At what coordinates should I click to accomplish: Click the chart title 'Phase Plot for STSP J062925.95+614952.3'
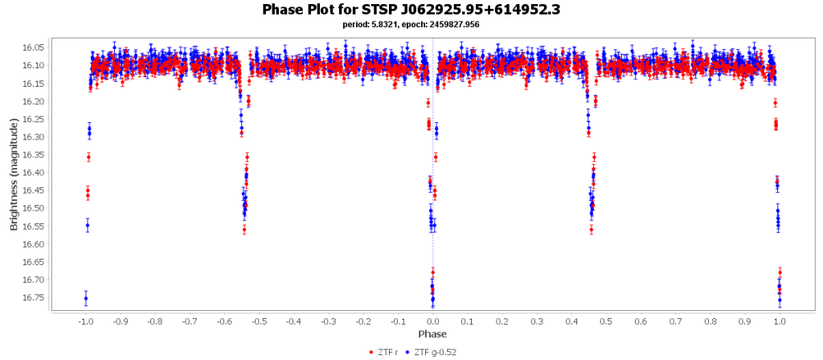(411, 10)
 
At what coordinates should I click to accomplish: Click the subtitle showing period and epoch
(411, 24)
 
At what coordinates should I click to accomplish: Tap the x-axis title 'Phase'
(432, 333)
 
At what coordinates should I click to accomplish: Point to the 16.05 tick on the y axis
(33, 47)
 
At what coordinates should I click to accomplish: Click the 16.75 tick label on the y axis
(33, 297)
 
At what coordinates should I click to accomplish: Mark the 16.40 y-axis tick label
(33, 173)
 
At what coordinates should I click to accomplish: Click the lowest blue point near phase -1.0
(86, 299)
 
